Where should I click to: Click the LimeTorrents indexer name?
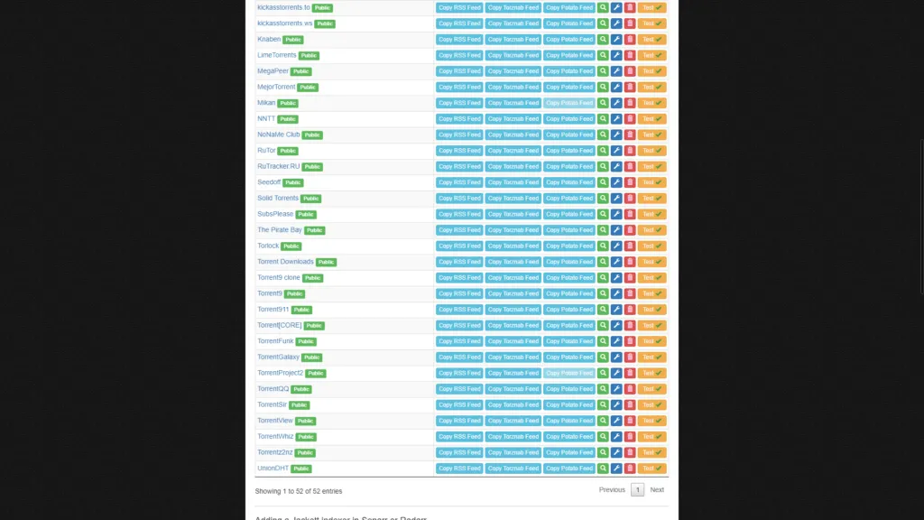[x=276, y=55]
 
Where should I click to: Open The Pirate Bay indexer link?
[x=280, y=230]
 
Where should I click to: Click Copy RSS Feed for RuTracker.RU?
[x=459, y=166]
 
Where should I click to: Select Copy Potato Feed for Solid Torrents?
[x=569, y=198]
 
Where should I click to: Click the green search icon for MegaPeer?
[x=603, y=71]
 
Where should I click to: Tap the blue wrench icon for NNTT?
[x=616, y=118]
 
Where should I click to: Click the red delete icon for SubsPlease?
[x=630, y=214]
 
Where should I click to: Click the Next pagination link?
[x=657, y=490]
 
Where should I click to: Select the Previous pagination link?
[x=612, y=490]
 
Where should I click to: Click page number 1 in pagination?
[x=637, y=490]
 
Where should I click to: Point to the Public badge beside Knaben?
[x=292, y=40]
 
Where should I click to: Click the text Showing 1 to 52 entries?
[x=299, y=491]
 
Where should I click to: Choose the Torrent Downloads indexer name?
[x=285, y=262]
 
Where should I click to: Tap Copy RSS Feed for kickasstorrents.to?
[x=459, y=7]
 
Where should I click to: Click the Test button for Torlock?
[x=651, y=246]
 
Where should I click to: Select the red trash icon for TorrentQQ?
[x=630, y=389]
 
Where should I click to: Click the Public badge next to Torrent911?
[x=301, y=310]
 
